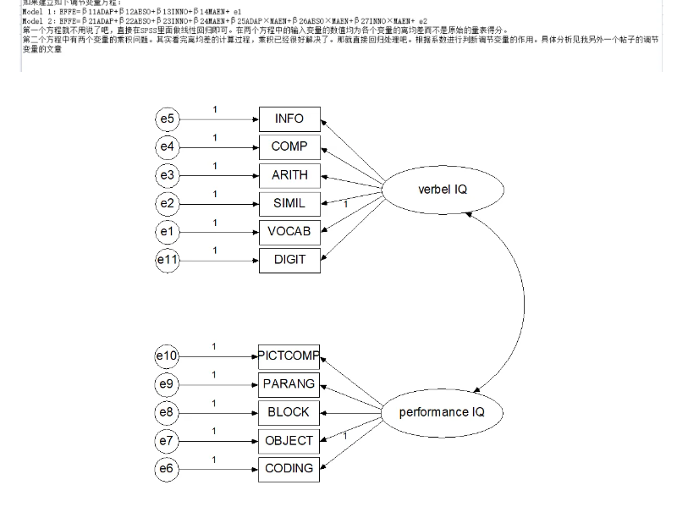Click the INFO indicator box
(x=289, y=118)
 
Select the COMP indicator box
(x=289, y=146)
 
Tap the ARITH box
(x=289, y=175)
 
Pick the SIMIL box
(x=289, y=203)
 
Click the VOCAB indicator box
(x=289, y=231)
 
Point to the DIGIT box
(x=289, y=259)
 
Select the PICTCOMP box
(x=289, y=355)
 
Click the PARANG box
(x=289, y=383)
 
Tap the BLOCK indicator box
(x=289, y=412)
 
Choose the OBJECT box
(x=289, y=440)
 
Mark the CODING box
(x=289, y=468)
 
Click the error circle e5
(x=168, y=118)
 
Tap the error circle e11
(x=168, y=260)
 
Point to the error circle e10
(x=168, y=356)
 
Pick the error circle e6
(x=168, y=469)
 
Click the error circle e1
(x=168, y=231)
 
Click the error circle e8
(x=168, y=412)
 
